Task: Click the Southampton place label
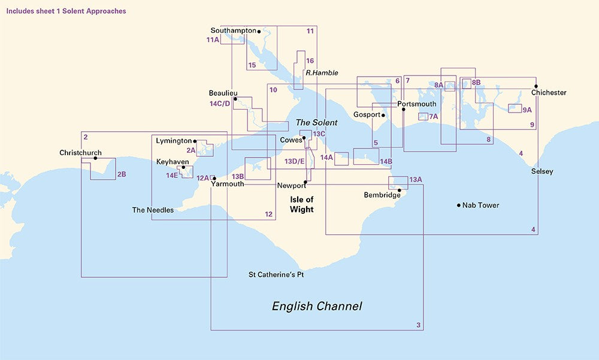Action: click(233, 31)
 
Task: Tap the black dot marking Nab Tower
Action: click(459, 205)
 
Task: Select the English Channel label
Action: click(317, 307)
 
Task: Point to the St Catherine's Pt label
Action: click(276, 275)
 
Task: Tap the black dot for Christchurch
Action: click(95, 158)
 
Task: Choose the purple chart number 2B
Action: click(122, 174)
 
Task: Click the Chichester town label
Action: click(548, 93)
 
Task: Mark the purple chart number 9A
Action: click(527, 110)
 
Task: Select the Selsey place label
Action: click(542, 172)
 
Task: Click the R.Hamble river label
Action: click(322, 73)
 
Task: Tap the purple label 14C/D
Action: click(220, 104)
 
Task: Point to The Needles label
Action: click(153, 210)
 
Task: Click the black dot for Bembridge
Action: click(399, 190)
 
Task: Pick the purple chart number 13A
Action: click(416, 180)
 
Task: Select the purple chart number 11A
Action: click(212, 40)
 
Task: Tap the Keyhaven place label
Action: click(173, 162)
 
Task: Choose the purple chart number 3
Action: click(418, 325)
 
